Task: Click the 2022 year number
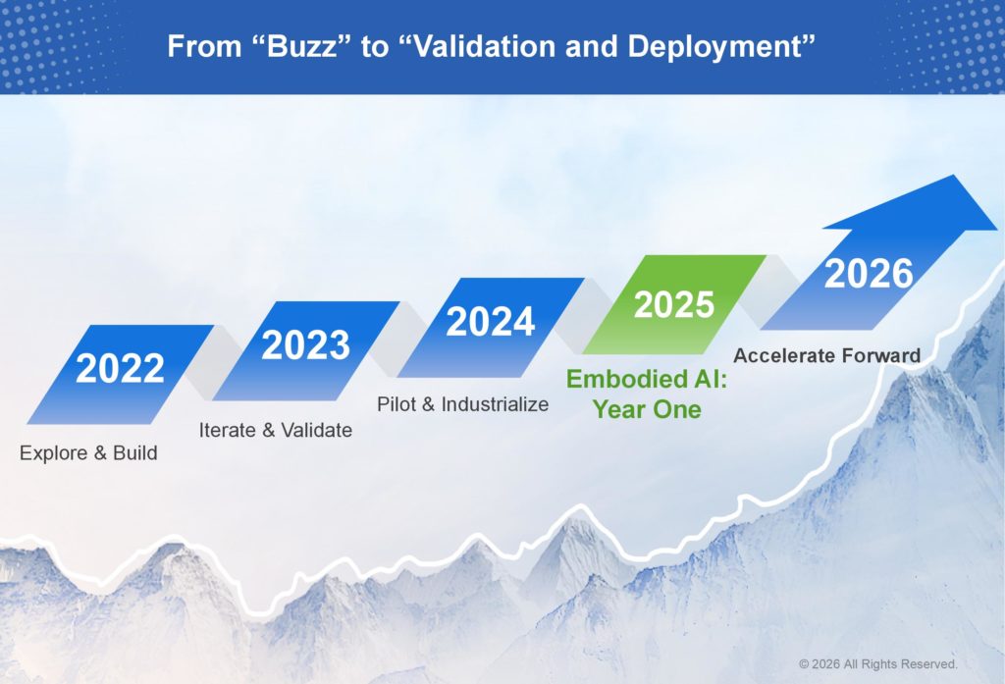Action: click(120, 369)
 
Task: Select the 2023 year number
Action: click(306, 344)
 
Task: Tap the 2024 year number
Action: click(491, 322)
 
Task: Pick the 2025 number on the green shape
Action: click(673, 304)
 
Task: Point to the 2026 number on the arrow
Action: click(869, 274)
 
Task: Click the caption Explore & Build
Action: click(88, 453)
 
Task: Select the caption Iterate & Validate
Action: click(276, 430)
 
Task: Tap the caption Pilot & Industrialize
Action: click(463, 404)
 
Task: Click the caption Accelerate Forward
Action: click(826, 356)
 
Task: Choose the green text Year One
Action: click(647, 409)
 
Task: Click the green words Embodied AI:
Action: click(647, 380)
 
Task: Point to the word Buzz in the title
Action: click(301, 47)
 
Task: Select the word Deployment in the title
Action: click(714, 48)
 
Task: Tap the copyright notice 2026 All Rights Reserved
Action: click(878, 664)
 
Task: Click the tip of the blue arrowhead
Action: click(998, 229)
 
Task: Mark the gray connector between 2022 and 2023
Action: click(213, 363)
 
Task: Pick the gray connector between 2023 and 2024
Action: click(398, 340)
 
